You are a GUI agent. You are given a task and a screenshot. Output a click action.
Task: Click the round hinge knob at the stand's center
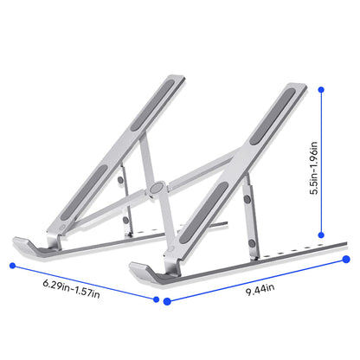point(155,186)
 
